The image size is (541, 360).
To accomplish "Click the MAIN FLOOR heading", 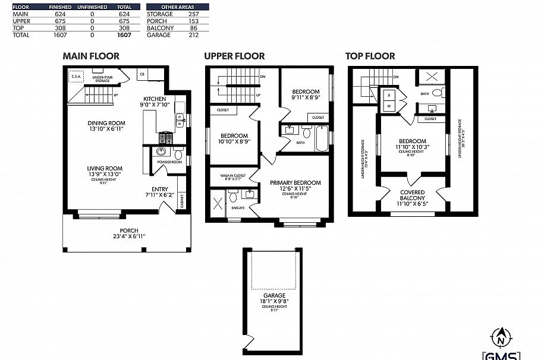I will pyautogui.click(x=91, y=56).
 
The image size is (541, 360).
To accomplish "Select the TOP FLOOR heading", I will pyautogui.click(x=370, y=56).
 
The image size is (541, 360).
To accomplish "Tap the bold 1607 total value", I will pyautogui.click(x=124, y=35).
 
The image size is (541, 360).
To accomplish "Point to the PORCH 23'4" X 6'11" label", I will pyautogui.click(x=129, y=233).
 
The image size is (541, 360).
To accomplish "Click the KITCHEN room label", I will pyautogui.click(x=155, y=102).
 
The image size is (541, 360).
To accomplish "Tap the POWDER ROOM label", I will pyautogui.click(x=169, y=162).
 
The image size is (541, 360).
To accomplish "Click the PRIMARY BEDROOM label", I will pyautogui.click(x=295, y=185).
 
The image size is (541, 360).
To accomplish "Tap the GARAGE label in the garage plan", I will pyautogui.click(x=274, y=298).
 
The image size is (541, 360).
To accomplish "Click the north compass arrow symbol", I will pyautogui.click(x=501, y=337).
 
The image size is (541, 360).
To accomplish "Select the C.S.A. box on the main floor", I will pyautogui.click(x=76, y=77).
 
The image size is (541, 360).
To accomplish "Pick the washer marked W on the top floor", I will pyautogui.click(x=389, y=105).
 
